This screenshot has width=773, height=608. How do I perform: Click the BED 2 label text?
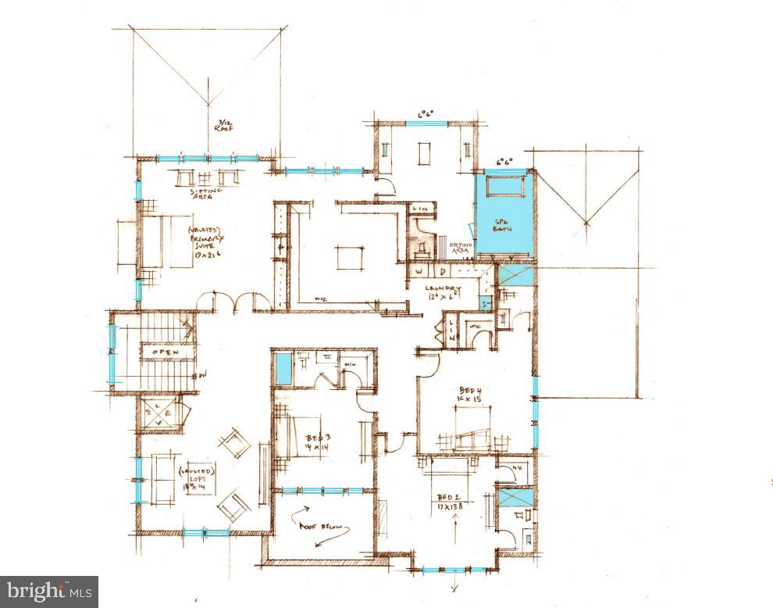point(451,502)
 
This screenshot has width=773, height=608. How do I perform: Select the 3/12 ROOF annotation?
point(225,125)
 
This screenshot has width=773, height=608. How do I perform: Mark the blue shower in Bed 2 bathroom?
point(515,497)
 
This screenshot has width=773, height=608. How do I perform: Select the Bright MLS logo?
point(48,592)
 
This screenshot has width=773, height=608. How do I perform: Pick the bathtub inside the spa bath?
point(504,187)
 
